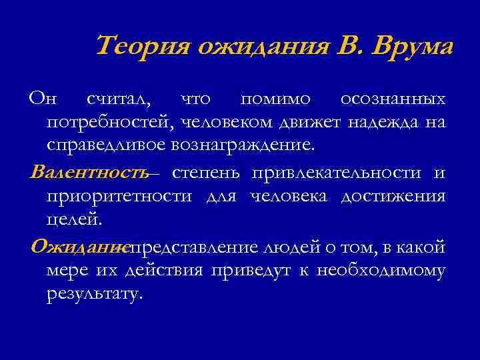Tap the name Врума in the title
414,47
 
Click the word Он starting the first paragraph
43,99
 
